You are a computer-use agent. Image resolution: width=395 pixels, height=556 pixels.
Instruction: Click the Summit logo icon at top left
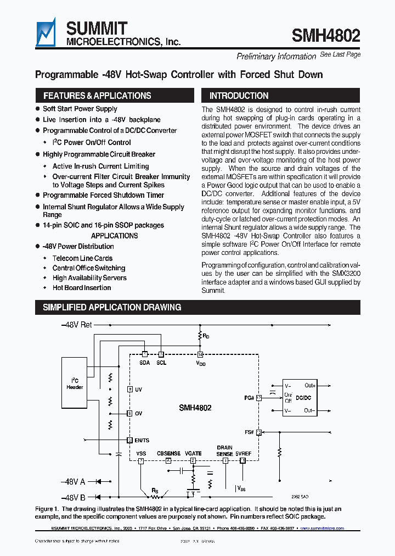[x=46, y=32]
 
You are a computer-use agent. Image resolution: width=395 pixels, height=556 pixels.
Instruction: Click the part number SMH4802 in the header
[x=326, y=36]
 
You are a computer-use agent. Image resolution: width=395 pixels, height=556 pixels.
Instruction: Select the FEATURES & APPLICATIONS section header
[x=97, y=96]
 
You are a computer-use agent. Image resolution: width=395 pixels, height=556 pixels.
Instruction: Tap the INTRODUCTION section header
[x=239, y=96]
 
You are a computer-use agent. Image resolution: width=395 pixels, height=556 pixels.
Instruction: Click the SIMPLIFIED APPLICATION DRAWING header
[x=112, y=308]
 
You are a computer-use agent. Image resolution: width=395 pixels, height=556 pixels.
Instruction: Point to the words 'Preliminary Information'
[x=276, y=56]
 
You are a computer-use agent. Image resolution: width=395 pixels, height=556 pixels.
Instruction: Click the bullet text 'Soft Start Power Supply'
[x=80, y=109]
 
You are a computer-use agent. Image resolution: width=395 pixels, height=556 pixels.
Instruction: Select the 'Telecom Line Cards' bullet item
[x=82, y=258]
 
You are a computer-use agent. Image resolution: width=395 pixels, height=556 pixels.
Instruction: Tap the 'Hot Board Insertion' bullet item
[x=82, y=288]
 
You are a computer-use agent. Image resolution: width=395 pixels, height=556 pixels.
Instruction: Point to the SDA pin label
[x=145, y=363]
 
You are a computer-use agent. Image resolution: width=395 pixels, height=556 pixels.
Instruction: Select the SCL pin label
[x=161, y=363]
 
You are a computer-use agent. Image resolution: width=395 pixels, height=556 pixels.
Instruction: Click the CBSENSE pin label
[x=168, y=453]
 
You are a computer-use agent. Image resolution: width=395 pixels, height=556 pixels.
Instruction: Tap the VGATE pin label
[x=193, y=453]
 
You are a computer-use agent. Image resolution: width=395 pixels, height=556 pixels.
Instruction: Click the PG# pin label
[x=249, y=397]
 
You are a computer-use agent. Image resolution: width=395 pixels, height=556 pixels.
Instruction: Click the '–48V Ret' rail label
[x=76, y=325]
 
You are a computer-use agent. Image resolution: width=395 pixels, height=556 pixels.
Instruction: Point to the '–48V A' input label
[x=73, y=481]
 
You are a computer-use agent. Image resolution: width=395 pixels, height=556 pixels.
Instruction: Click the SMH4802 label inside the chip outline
[x=195, y=408]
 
